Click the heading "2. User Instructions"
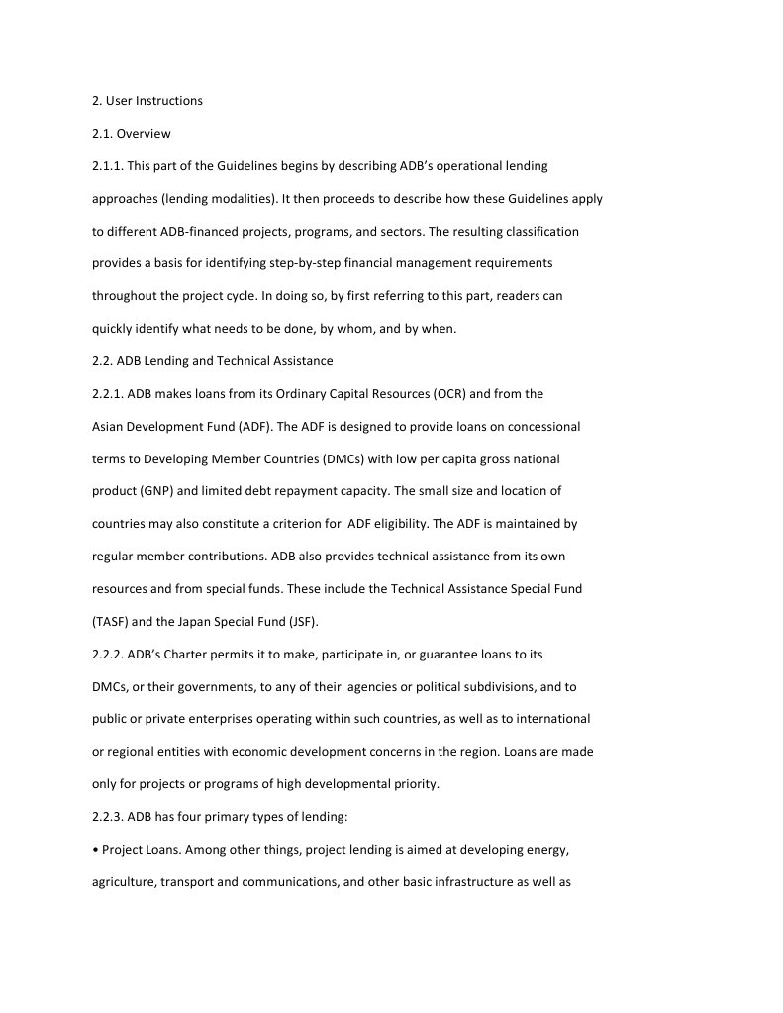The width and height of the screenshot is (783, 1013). click(x=147, y=101)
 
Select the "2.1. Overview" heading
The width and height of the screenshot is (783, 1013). click(x=132, y=134)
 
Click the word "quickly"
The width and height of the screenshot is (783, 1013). click(x=114, y=329)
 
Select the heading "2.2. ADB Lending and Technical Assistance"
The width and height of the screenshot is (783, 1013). click(x=213, y=361)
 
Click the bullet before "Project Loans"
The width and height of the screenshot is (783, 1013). click(x=95, y=850)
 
